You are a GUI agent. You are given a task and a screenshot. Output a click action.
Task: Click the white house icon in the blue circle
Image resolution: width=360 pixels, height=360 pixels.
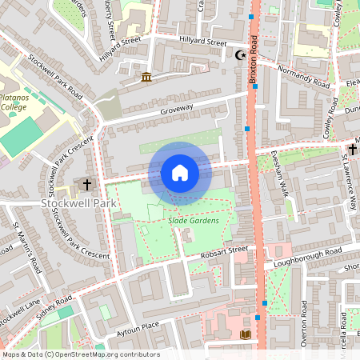180,173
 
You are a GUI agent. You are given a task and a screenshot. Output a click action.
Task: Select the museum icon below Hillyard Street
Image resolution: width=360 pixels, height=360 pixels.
146,77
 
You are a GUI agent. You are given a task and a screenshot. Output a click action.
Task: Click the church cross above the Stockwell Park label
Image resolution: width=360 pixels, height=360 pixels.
87,185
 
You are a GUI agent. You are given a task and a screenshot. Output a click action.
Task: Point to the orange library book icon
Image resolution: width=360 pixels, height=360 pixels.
245,334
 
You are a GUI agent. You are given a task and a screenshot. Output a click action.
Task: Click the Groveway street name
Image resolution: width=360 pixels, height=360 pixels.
177,111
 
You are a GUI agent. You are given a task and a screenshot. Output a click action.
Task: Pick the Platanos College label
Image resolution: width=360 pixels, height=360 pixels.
13,100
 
